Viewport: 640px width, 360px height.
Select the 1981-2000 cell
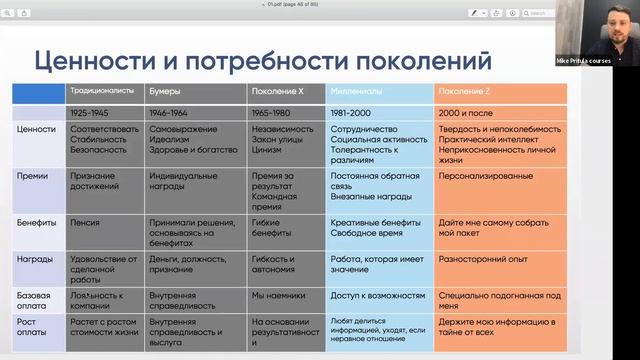coord(353,112)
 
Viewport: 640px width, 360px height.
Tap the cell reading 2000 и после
coord(467,112)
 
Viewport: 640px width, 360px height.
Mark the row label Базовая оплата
coord(36,300)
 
